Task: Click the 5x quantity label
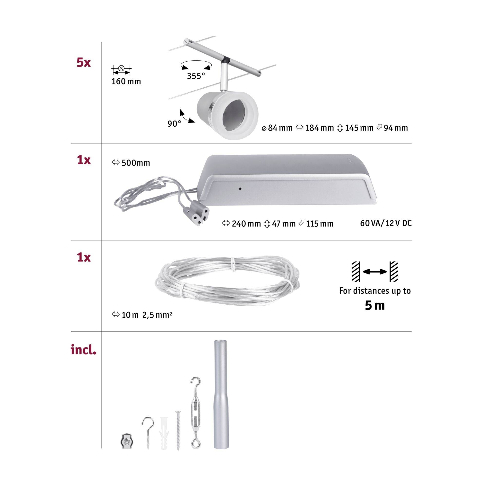(84, 63)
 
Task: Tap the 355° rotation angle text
(196, 76)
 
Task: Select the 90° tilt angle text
(174, 124)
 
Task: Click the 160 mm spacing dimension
(126, 81)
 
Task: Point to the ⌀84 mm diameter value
(277, 128)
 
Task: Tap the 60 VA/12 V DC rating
(386, 223)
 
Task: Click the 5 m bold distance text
(375, 306)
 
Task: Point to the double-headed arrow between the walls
(375, 272)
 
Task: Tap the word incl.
(84, 350)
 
